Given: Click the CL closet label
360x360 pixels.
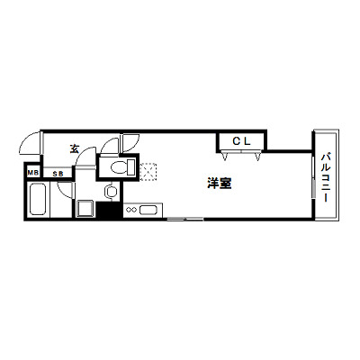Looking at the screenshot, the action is point(241,141).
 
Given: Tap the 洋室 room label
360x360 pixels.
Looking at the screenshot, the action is point(220,184).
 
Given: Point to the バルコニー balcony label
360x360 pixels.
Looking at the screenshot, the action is point(326,177).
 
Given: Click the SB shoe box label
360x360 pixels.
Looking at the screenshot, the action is point(58,174).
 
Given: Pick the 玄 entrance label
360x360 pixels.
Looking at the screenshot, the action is point(75,148).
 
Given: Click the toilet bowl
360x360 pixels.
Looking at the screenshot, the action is point(118,167).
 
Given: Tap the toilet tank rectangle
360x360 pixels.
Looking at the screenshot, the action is point(131,167).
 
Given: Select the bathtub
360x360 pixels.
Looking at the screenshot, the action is point(38,199).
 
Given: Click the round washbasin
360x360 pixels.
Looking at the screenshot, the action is point(111,191).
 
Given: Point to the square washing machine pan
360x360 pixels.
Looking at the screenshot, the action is point(85,209).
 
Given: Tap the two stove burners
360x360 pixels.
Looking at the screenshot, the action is point(131,210).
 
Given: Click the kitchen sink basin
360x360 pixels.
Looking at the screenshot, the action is point(148,210).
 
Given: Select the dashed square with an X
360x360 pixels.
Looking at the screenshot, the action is point(148,172).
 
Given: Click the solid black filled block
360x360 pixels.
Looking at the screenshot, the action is point(110,210).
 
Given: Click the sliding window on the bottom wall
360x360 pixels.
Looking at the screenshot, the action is point(185,220).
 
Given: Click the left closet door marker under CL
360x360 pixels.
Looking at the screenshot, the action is point(225,156).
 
